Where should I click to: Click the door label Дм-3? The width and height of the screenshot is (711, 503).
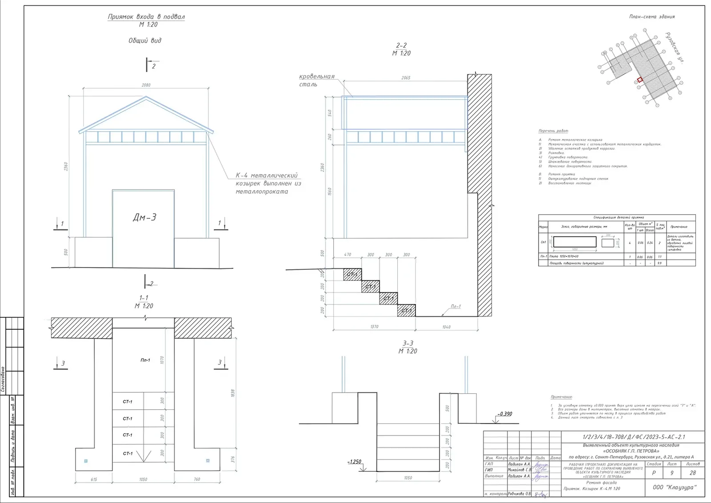point(144,217)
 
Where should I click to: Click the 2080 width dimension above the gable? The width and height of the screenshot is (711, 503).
point(146,85)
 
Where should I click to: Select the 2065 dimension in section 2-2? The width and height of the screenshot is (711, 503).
point(405,78)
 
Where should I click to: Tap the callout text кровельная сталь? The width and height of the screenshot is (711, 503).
point(316,80)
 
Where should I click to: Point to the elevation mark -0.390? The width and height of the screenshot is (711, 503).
point(504,414)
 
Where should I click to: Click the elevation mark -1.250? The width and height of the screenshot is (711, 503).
point(354,462)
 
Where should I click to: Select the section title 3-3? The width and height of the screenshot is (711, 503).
point(407,343)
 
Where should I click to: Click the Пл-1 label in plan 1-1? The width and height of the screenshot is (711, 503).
point(145,360)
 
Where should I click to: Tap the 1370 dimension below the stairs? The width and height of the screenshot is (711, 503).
point(374,327)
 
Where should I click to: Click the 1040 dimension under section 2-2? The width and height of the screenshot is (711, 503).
point(446,327)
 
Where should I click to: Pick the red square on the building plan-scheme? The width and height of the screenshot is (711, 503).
point(639,80)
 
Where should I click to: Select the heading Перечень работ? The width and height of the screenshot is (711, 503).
point(553,131)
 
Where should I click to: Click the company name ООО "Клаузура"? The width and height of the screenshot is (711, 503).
point(675,487)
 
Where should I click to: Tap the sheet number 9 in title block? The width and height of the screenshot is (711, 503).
point(671,473)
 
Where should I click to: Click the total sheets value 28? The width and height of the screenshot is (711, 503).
point(692,473)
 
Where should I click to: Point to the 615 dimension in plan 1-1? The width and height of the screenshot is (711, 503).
point(94,479)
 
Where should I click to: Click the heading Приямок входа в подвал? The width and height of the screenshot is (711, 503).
point(146,17)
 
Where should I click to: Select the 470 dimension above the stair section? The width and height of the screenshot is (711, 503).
point(348,255)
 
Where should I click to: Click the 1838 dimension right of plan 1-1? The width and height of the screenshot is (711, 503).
point(233,393)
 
